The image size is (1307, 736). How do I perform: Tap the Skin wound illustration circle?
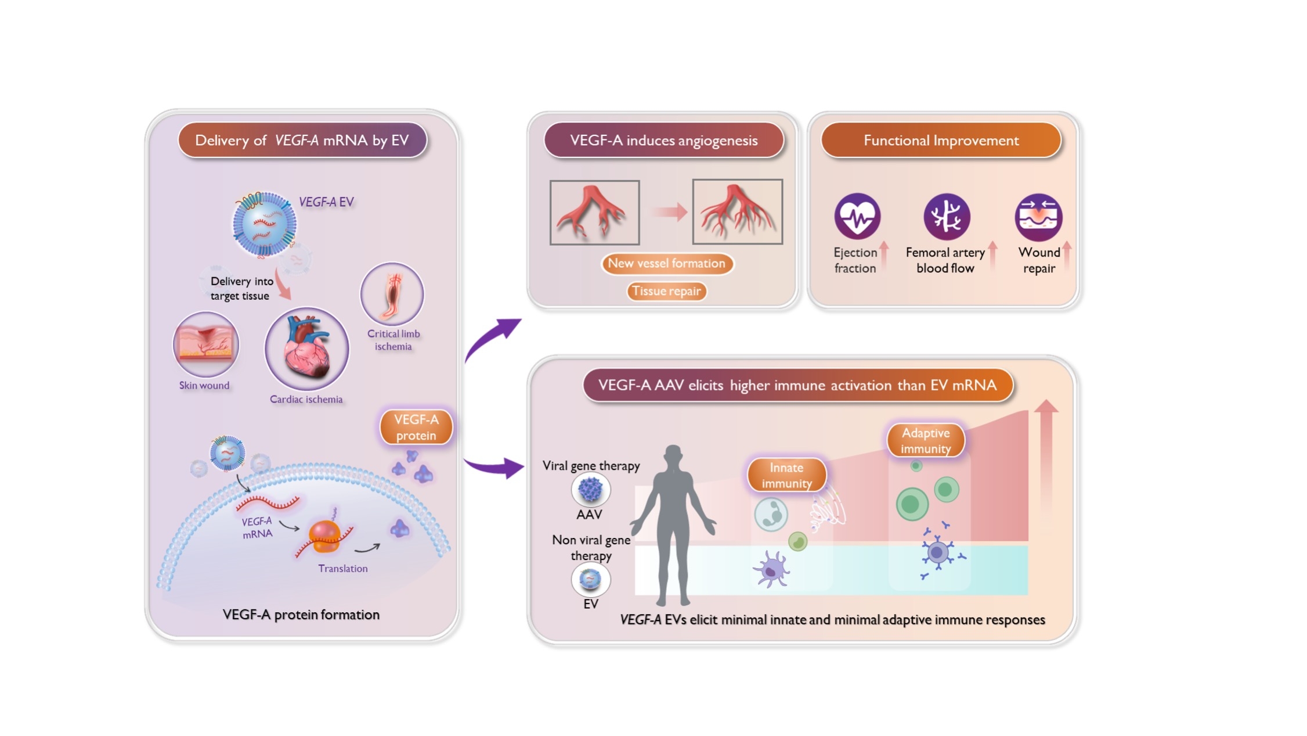click(205, 344)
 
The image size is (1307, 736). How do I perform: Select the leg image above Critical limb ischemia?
click(392, 294)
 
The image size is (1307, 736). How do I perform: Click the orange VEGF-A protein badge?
click(416, 428)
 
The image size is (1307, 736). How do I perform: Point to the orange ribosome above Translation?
click(324, 536)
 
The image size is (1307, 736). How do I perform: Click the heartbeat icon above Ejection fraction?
click(857, 216)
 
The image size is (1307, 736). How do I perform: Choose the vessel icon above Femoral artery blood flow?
click(947, 217)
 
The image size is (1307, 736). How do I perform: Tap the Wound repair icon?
click(1038, 217)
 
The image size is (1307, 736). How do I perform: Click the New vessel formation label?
click(667, 263)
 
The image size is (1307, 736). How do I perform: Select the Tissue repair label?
click(667, 291)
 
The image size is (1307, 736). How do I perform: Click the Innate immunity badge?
click(786, 475)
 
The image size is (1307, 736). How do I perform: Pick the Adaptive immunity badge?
click(926, 440)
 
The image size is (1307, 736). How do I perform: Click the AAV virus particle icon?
click(591, 489)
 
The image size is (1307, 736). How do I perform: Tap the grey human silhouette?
click(673, 523)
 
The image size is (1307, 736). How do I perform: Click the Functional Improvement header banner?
click(941, 141)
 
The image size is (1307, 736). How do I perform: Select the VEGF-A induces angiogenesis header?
click(663, 141)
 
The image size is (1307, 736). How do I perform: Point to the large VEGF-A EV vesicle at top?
click(265, 224)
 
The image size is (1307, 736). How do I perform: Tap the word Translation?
click(342, 568)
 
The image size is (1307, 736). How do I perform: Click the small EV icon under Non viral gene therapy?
click(590, 579)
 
